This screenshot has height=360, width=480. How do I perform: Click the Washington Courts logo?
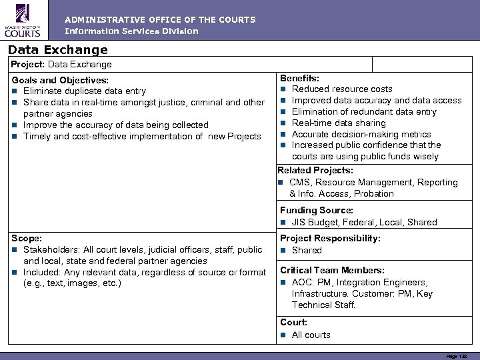(23, 20)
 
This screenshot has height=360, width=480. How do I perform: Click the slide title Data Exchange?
(58, 49)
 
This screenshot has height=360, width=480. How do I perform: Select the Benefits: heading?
(299, 78)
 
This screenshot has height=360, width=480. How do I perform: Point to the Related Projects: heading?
(315, 171)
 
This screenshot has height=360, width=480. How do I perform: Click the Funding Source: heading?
(317, 211)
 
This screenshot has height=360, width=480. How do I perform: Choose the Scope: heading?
(27, 238)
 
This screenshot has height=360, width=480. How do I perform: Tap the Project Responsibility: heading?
(330, 239)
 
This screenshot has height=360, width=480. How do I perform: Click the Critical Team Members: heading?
(332, 270)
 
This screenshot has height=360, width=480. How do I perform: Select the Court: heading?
(293, 323)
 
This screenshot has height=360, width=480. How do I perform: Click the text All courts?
(311, 335)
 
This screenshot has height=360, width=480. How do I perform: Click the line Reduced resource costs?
(342, 89)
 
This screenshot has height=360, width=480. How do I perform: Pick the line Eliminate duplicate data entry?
(84, 91)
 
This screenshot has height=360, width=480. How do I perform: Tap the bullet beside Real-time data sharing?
(283, 123)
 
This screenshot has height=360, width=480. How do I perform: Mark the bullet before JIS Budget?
(283, 222)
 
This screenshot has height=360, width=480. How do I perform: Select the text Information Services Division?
(131, 31)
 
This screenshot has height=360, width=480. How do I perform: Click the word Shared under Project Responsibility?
(307, 250)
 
